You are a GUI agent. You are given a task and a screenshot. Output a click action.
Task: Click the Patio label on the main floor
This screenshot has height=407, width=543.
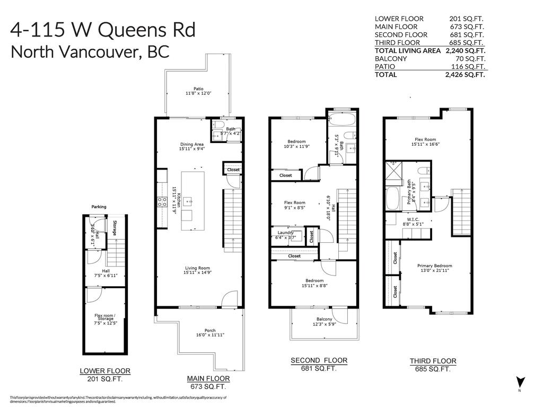tap(198, 89)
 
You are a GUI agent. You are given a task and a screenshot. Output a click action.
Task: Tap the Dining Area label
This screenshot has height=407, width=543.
tap(191, 144)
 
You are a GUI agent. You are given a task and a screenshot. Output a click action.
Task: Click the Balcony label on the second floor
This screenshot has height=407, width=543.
tap(324, 319)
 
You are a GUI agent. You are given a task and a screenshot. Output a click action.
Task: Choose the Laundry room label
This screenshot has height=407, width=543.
tap(286, 232)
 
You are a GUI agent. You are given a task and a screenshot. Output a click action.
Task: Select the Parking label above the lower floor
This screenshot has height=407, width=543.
tap(99, 207)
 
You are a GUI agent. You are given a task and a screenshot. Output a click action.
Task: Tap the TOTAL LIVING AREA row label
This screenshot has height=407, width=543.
tap(408, 50)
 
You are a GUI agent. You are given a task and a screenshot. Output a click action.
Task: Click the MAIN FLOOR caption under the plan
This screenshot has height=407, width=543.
tap(208, 378)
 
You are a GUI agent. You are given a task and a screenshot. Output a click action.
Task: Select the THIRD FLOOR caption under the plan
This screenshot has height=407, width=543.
tap(433, 361)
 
